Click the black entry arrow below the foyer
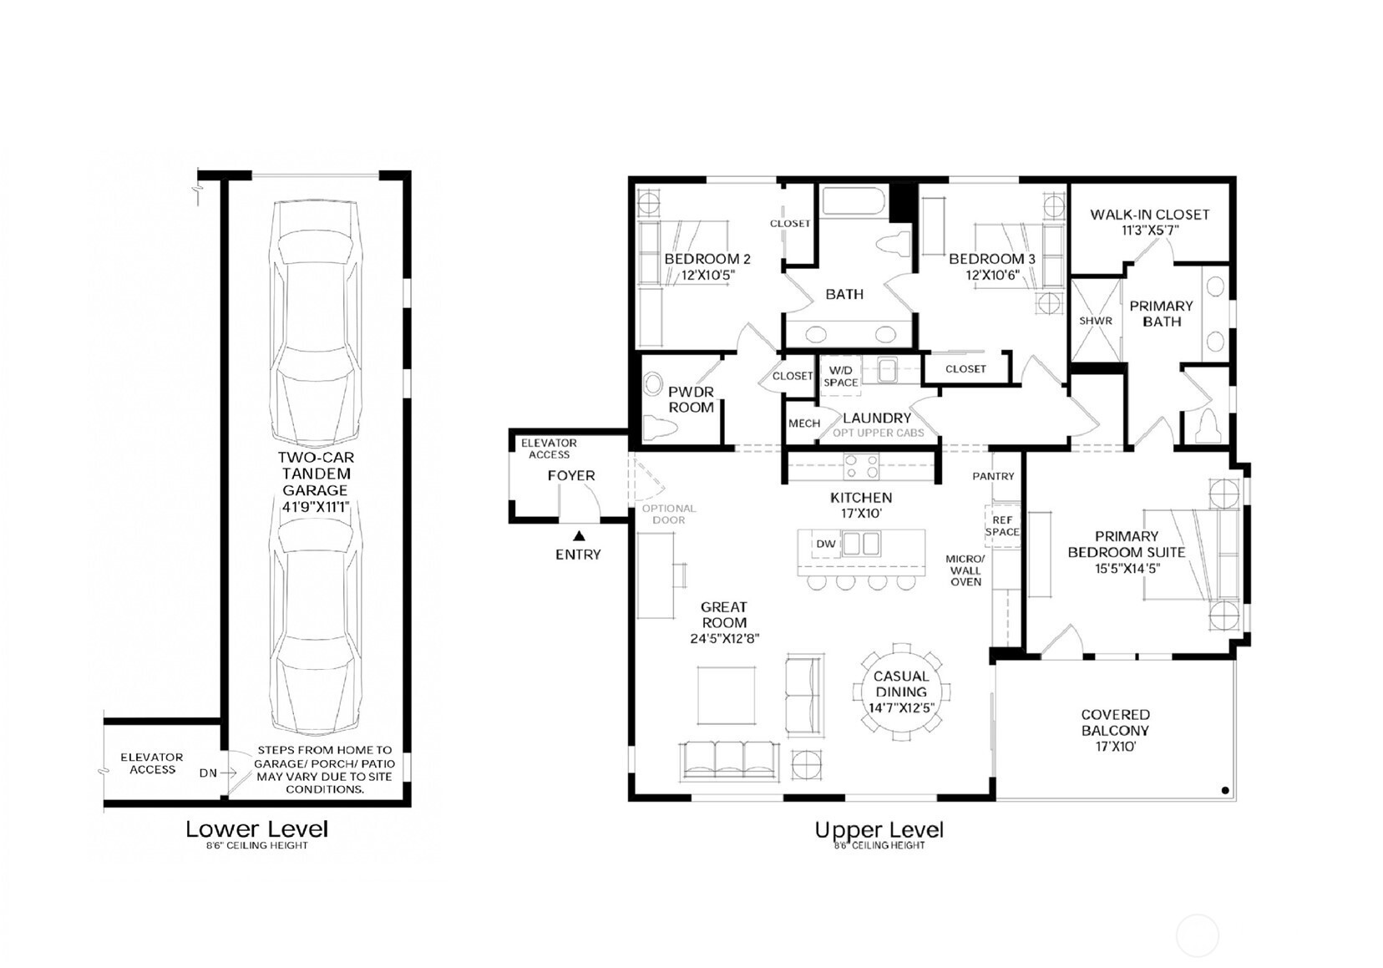(579, 536)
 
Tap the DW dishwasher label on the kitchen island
(826, 544)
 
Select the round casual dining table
(901, 692)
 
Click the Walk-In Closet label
(1150, 215)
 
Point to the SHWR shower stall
(1096, 321)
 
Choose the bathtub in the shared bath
(854, 200)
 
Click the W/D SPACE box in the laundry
(841, 376)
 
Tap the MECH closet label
(804, 423)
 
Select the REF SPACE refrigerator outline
(1002, 526)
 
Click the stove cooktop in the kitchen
(862, 465)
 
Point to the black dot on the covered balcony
(1225, 790)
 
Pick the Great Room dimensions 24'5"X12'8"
(725, 639)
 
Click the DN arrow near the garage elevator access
(227, 773)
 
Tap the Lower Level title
(257, 829)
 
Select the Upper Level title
(879, 830)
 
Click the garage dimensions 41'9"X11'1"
(316, 508)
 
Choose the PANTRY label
(994, 477)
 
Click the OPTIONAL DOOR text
(669, 514)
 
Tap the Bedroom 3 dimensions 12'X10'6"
(992, 276)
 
